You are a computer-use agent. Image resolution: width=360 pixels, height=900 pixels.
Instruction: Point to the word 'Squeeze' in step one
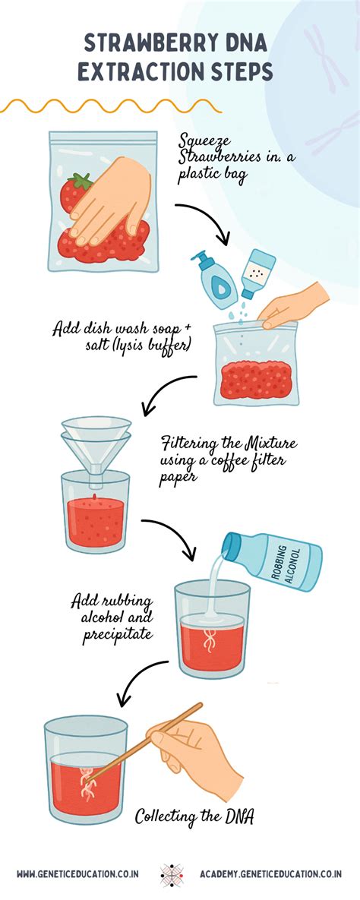tap(202, 141)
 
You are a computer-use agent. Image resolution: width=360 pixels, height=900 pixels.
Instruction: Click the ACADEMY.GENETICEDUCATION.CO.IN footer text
tap(270, 875)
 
